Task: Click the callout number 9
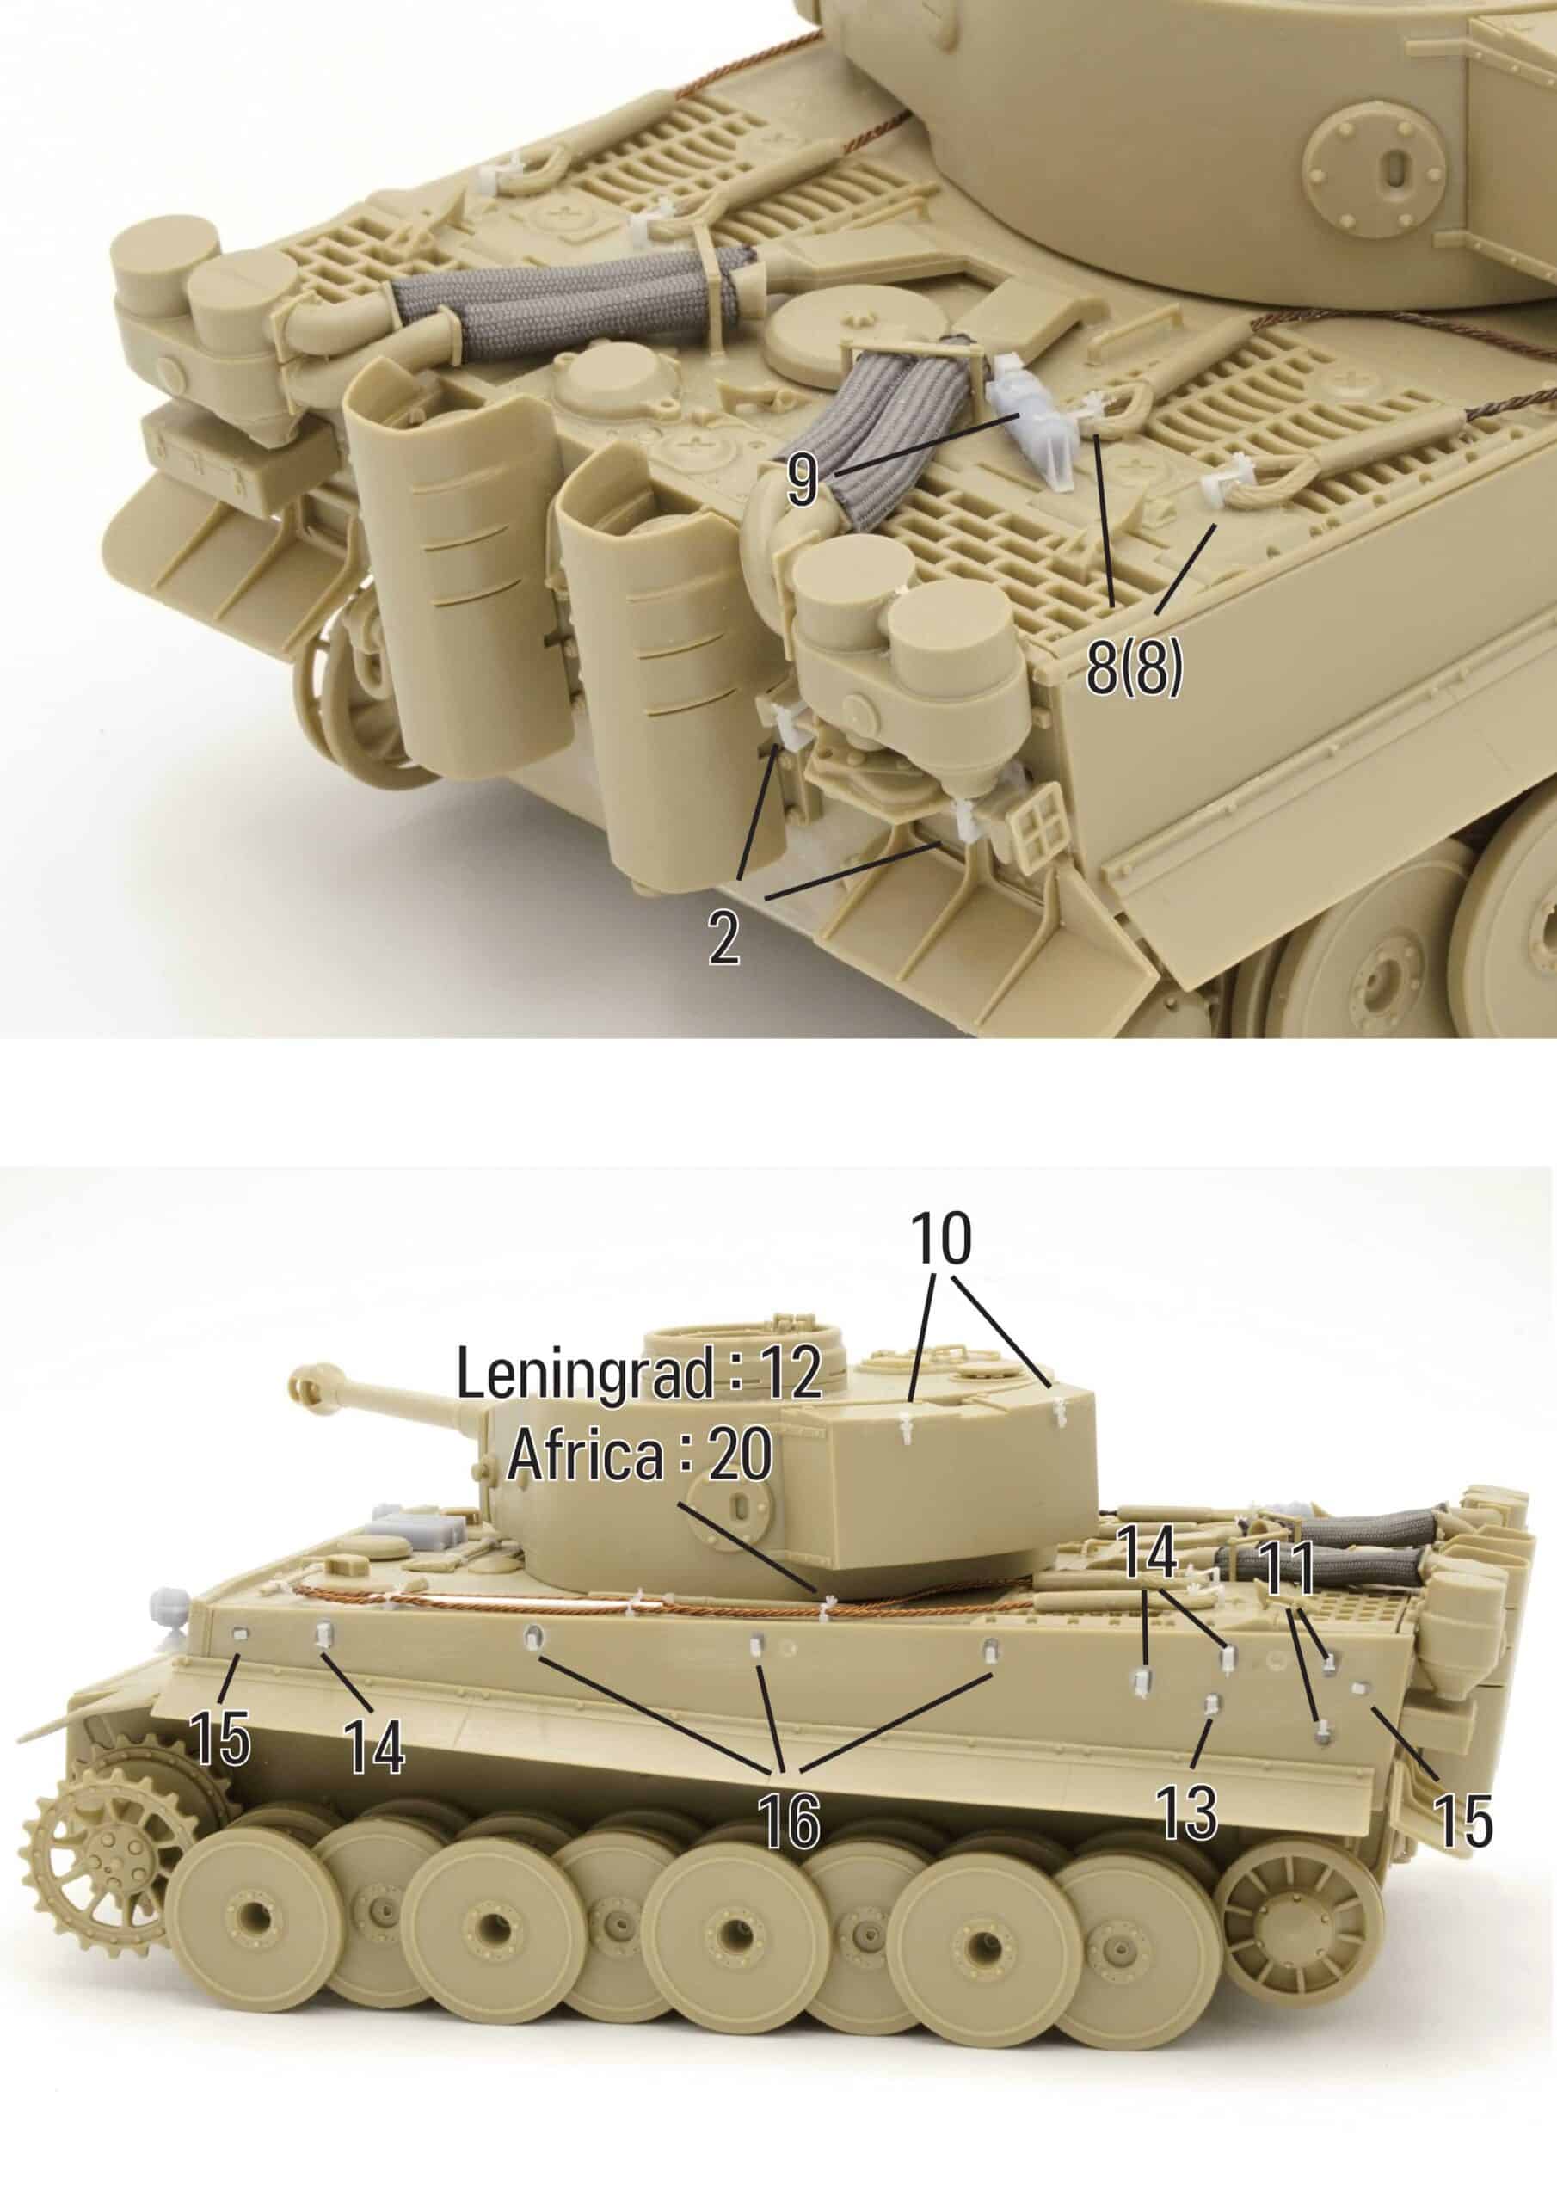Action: [803, 479]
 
